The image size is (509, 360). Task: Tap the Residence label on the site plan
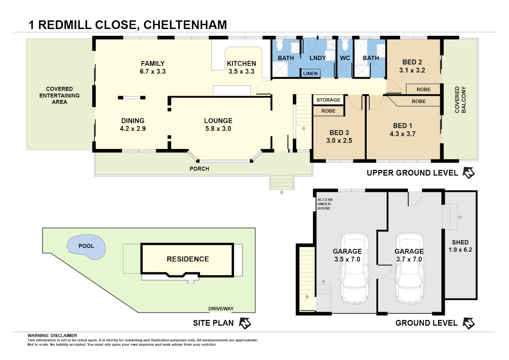click(188, 259)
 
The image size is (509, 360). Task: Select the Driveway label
click(221, 309)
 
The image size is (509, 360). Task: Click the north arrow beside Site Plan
click(245, 323)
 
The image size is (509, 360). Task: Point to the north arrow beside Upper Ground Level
click(469, 173)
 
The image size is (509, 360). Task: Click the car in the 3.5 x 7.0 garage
click(354, 268)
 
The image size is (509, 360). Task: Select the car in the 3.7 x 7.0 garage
click(410, 268)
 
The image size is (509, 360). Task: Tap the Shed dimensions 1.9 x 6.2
click(460, 250)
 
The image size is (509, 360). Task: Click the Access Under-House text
click(324, 204)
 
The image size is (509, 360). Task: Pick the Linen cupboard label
click(310, 73)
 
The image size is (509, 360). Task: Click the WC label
click(345, 58)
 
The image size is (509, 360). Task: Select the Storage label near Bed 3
click(328, 100)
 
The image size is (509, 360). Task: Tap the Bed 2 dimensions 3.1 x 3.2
click(412, 70)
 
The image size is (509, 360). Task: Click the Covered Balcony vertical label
click(460, 100)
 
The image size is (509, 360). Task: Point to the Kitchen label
click(241, 63)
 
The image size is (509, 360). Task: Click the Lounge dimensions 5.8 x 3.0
click(218, 129)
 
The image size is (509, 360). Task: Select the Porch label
click(199, 169)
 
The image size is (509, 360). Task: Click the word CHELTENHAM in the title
click(185, 25)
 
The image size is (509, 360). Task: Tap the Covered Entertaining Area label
click(59, 95)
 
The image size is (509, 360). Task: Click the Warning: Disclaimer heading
click(52, 335)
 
